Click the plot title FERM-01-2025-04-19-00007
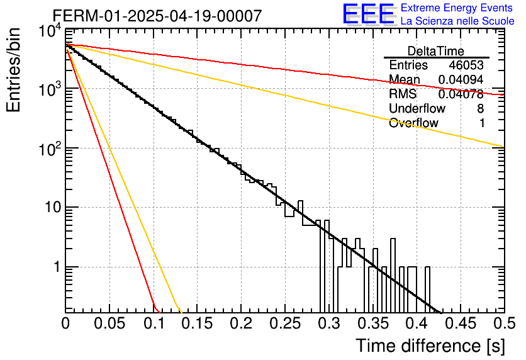click(x=157, y=16)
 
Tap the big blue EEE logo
click(x=369, y=14)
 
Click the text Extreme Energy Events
click(x=457, y=8)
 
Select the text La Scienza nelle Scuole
click(x=457, y=21)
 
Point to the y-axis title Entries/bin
click(x=13, y=70)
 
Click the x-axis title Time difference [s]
click(x=430, y=346)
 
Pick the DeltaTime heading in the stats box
click(x=436, y=51)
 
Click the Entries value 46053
click(x=466, y=65)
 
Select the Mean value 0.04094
click(x=461, y=79)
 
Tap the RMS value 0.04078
click(x=461, y=94)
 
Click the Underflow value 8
click(x=480, y=108)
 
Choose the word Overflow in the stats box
click(x=413, y=123)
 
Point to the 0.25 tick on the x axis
click(x=285, y=323)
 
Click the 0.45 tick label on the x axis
click(x=461, y=323)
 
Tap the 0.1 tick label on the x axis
click(x=154, y=323)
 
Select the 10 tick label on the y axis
click(x=53, y=207)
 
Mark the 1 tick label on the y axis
click(x=57, y=267)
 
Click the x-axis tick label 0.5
click(x=505, y=323)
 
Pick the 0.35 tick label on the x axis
click(x=373, y=323)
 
